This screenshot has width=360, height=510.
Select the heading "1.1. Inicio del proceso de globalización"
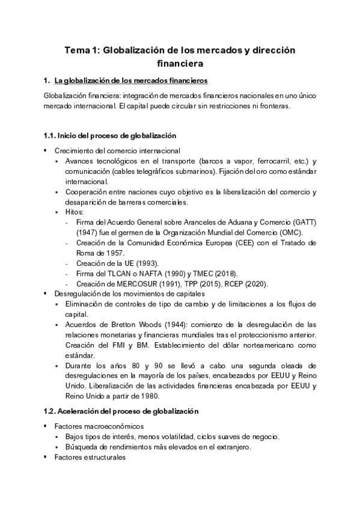pos(110,136)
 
